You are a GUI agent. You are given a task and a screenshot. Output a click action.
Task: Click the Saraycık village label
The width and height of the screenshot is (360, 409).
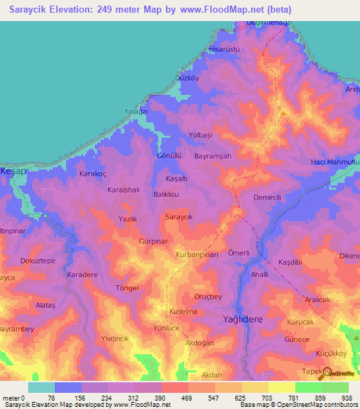coord(179,218)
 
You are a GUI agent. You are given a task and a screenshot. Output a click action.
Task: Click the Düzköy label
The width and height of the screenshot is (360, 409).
coord(189,79)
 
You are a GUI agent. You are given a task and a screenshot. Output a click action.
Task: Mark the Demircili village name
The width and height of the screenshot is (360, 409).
coord(267,197)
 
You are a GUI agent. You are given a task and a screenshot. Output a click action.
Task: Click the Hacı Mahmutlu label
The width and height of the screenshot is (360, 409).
coord(335,163)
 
